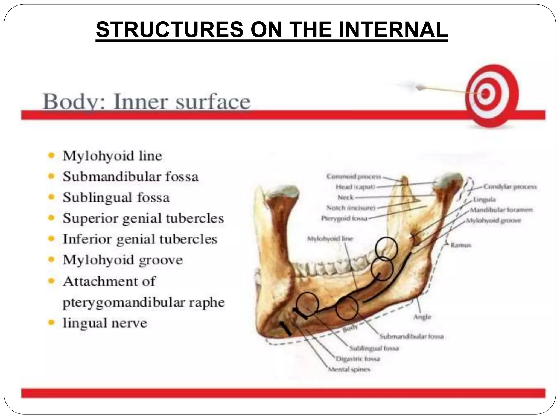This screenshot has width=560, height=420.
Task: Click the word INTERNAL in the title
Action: (393, 30)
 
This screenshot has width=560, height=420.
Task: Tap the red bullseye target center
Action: (485, 94)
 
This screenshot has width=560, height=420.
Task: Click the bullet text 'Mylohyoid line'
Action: (112, 156)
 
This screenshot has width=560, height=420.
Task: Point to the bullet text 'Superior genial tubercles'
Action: (143, 218)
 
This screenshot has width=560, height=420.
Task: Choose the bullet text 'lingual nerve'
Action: (105, 323)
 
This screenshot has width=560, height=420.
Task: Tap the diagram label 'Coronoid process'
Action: (354, 177)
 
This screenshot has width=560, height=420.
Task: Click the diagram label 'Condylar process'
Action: (510, 187)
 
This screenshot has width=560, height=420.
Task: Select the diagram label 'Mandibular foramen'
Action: (501, 210)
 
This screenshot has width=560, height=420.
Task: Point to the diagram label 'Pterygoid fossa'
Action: (344, 218)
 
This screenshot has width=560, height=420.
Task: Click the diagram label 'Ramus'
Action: (461, 245)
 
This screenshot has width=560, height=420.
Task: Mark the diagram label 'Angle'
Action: (422, 317)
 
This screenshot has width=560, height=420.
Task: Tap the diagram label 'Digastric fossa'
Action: (358, 358)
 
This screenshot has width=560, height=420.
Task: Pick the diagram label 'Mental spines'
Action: (349, 369)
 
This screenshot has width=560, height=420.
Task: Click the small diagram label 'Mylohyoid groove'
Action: (494, 220)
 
